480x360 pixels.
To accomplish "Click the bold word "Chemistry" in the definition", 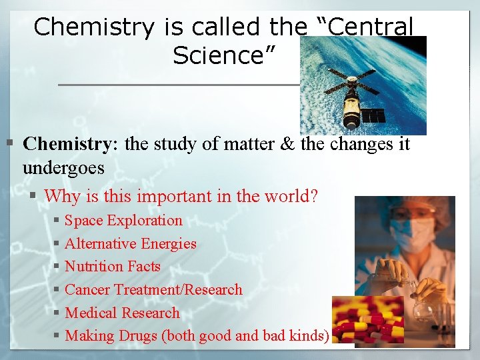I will coord(66,143).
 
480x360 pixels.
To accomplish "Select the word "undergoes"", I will coord(63,167).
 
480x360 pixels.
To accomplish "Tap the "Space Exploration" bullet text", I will coord(123,221).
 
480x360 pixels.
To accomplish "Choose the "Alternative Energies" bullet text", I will coord(131,244).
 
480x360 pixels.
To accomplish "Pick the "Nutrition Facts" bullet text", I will coord(113,267).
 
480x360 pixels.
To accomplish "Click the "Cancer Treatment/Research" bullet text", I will coord(153,290).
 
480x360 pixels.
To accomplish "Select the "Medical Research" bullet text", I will coord(122,313).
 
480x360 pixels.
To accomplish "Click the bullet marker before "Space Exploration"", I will coord(57,221).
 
